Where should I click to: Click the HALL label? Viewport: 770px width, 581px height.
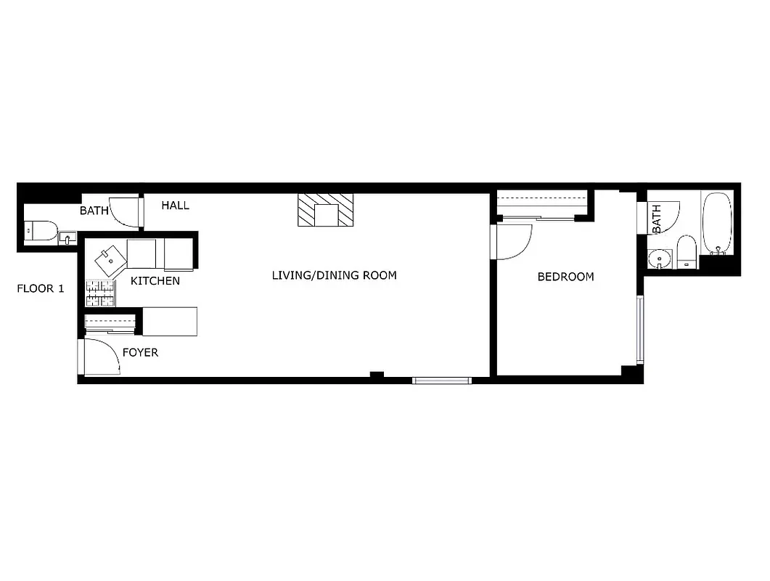tap(175, 206)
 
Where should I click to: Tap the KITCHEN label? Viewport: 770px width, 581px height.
tap(155, 280)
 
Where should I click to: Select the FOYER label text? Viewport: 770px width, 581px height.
tap(140, 353)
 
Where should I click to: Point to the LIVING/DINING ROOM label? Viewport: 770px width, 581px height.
tap(334, 275)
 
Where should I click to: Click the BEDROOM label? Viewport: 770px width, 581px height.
tap(565, 277)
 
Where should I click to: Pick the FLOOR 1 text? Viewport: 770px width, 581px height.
tap(41, 289)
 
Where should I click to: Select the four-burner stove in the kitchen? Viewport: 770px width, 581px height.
tap(100, 293)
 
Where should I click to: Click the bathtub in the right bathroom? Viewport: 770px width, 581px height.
tap(718, 223)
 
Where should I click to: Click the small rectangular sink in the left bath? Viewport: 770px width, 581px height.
tap(67, 238)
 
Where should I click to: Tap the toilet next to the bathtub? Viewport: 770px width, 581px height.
tap(686, 252)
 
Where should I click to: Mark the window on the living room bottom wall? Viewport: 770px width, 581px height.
tap(442, 380)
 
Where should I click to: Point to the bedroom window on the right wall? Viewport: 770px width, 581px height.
tap(639, 328)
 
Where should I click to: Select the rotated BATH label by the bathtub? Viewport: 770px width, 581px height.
tap(657, 219)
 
